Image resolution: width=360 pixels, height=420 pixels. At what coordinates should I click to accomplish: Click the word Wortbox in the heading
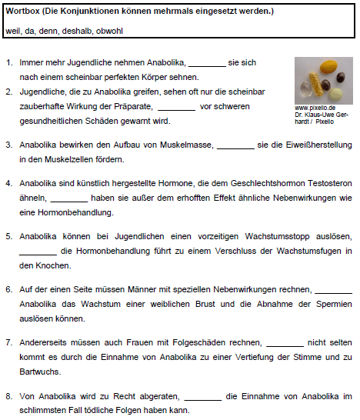(x=23, y=12)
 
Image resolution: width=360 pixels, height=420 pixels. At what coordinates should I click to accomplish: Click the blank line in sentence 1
(x=207, y=62)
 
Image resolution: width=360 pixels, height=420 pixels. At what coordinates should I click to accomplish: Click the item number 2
(x=8, y=92)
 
